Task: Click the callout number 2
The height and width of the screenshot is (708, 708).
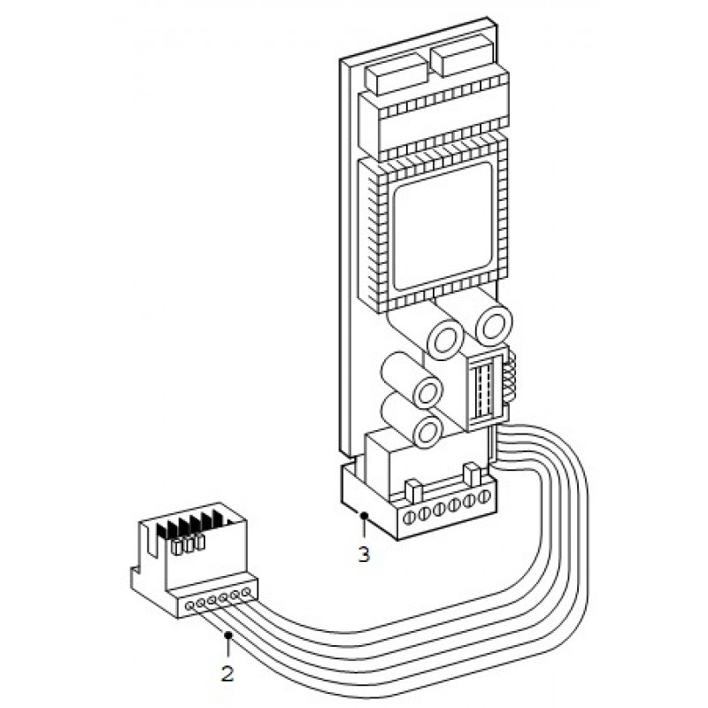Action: coord(227,673)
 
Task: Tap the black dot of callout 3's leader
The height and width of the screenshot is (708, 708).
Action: coord(364,513)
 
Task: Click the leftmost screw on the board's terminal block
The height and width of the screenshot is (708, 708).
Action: coord(409,515)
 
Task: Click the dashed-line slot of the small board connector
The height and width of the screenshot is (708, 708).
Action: coord(483,389)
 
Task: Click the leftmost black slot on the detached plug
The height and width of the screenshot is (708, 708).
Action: coord(164,535)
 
